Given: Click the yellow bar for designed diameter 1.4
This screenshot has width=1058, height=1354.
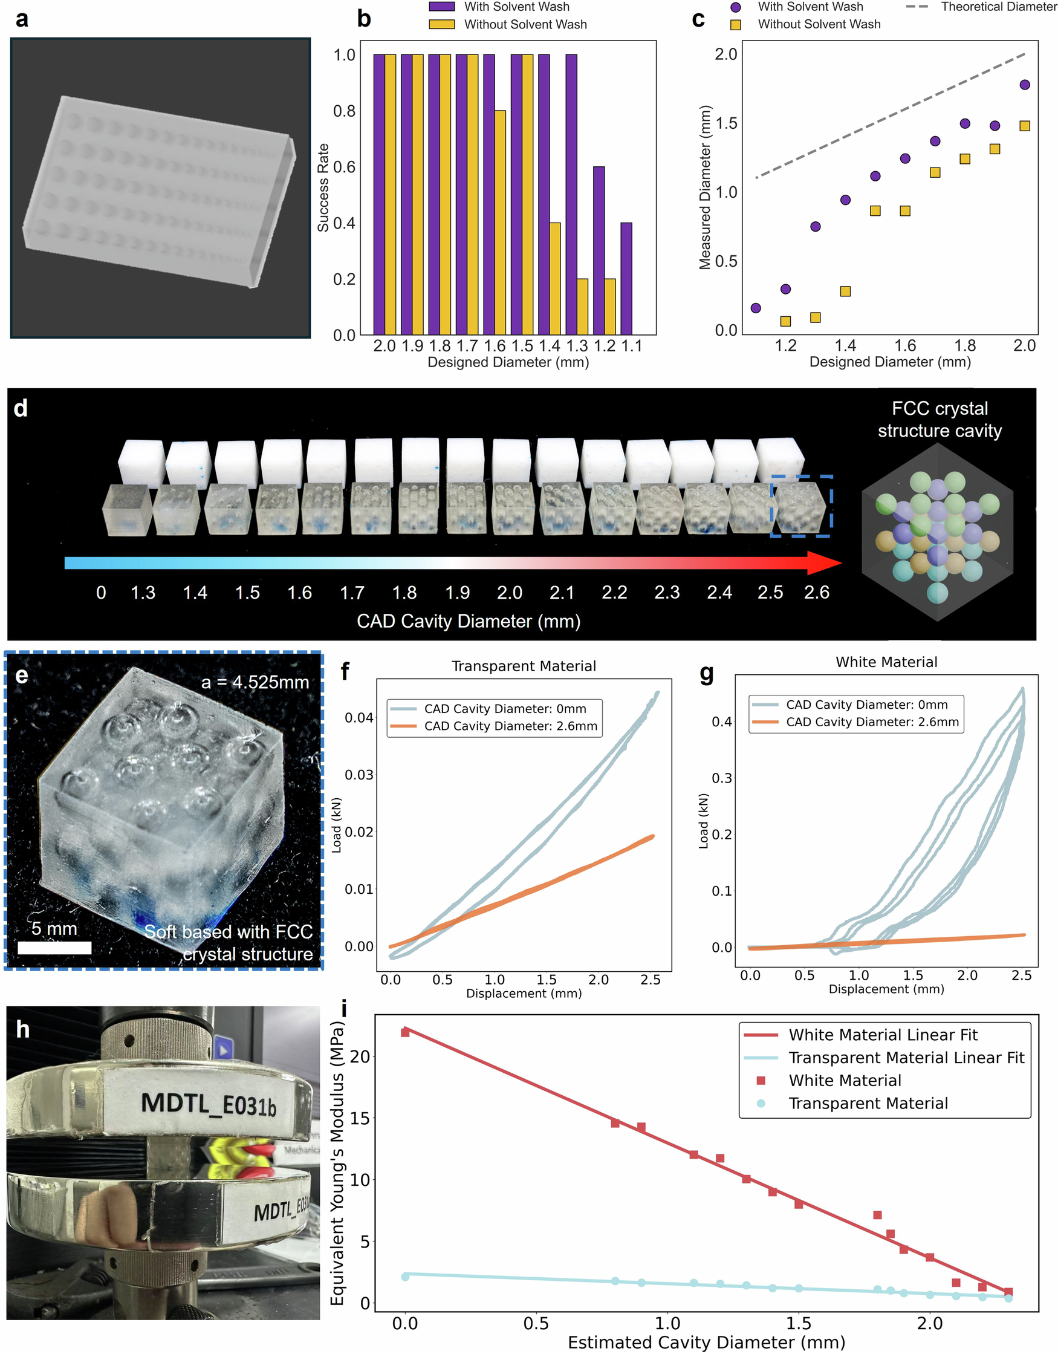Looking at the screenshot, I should click(555, 278).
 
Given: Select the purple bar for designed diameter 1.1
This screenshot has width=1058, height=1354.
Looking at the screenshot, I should click(626, 278).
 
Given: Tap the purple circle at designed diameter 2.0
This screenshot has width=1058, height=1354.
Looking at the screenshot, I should click(1025, 85).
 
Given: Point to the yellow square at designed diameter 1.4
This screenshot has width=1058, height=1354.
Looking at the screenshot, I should click(845, 291).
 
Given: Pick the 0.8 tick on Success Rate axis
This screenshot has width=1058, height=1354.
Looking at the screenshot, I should click(344, 111).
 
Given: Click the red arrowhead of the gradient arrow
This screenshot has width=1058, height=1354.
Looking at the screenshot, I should click(825, 562).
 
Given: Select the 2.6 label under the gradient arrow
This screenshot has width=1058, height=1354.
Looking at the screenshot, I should click(816, 593).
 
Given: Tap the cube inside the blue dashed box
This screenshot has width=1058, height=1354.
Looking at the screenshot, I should click(801, 507).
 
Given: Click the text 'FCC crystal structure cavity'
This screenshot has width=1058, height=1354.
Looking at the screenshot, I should click(939, 419).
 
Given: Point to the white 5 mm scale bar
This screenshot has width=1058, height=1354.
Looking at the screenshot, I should click(54, 947).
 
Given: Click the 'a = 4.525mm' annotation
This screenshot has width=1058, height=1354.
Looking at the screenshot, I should click(255, 683).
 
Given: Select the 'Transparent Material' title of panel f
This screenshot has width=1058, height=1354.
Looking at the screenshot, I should click(524, 666).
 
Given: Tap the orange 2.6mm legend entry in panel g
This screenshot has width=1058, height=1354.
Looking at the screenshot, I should click(855, 722).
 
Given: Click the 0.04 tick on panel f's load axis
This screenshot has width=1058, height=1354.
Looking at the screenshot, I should click(359, 718).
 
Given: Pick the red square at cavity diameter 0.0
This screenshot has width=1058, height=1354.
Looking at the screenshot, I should click(405, 1032).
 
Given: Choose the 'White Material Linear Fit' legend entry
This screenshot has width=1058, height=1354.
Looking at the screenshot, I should click(883, 1035).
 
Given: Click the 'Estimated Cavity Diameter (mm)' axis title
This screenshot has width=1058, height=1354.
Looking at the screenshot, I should click(706, 1343).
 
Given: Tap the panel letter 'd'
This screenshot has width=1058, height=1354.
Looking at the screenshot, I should click(21, 408).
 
